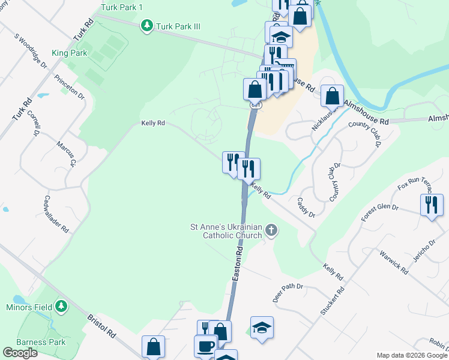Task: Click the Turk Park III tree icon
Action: tap(146, 26)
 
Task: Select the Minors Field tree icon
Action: tap(61, 307)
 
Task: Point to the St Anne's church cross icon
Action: tap(271, 230)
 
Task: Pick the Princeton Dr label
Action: tap(69, 87)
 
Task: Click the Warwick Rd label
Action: tap(393, 262)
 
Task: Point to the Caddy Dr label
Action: tap(306, 208)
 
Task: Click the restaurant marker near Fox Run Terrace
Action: tap(432, 205)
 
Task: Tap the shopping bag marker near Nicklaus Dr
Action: tap(332, 96)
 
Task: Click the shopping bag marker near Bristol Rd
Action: tap(153, 346)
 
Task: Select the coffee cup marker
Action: tap(206, 346)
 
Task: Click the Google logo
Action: tap(20, 353)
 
